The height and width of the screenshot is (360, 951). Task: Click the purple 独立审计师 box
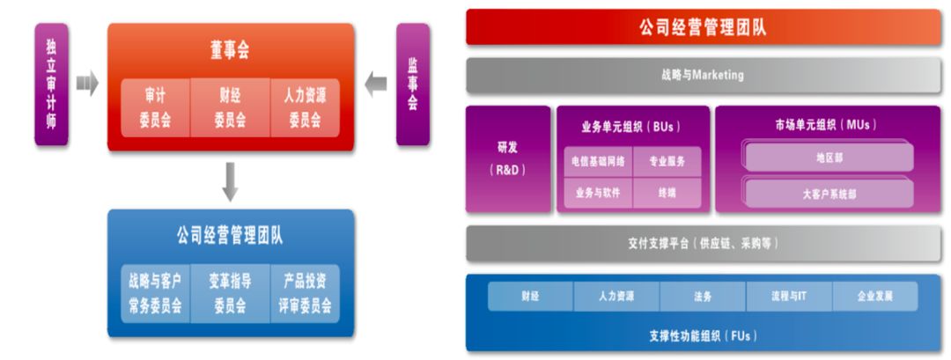pos(51,84)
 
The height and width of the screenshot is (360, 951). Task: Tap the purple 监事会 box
pos(413,84)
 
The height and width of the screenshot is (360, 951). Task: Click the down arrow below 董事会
pos(231,182)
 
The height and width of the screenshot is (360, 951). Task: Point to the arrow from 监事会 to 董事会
pos(376,84)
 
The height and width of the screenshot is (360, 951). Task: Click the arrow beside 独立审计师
pos(86,84)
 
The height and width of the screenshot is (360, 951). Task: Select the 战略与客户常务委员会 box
pos(155,294)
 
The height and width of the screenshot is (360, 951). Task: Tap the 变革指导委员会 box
pos(230,294)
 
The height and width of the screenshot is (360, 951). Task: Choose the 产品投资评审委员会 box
pos(305,294)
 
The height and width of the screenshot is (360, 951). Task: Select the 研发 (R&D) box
pos(507,159)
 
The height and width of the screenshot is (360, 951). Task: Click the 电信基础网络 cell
pos(599,161)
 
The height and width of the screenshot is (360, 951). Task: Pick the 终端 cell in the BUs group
pos(667,193)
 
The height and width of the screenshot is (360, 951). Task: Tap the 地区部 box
pos(829,158)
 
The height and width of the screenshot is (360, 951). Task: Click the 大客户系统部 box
pos(829,194)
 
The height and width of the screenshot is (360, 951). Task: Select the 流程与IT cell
pos(788,297)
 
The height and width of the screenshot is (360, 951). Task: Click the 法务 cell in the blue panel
pos(702,297)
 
